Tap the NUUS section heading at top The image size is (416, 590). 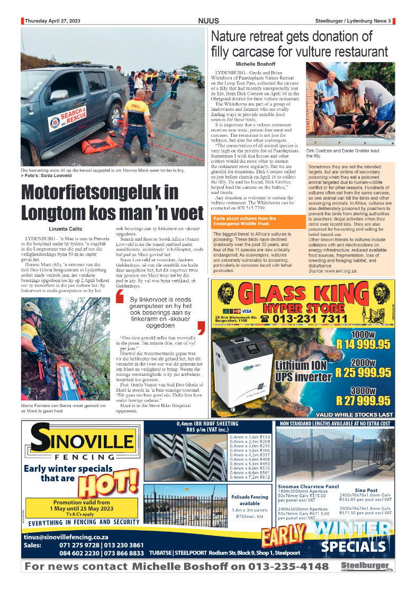coord(208,21)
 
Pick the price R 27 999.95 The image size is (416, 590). coord(363,401)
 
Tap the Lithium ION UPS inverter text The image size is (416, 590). coord(303,371)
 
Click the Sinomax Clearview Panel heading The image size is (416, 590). coord(308,486)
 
